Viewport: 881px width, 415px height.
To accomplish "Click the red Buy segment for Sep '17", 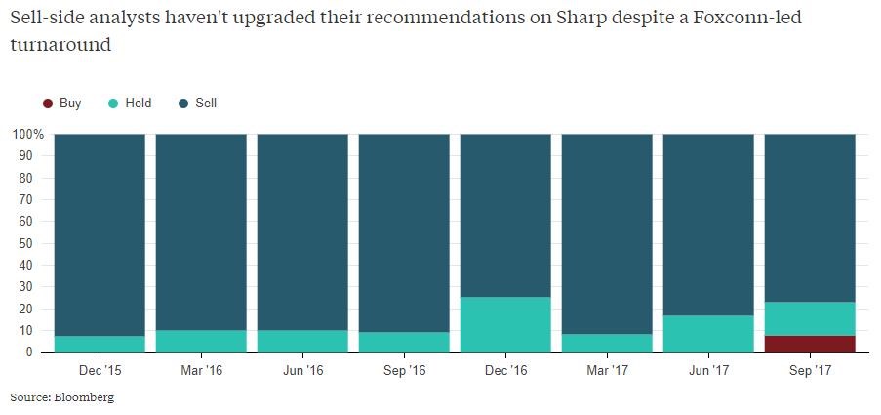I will pos(809,344).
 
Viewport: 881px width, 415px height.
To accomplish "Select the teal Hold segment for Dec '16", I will pos(504,324).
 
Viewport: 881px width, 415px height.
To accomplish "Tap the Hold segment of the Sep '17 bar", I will pos(809,318).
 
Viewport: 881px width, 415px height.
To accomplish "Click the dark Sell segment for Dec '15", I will pos(100,234).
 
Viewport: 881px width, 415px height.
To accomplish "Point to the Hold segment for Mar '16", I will pos(201,341).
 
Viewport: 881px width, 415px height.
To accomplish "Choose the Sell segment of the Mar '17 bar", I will pos(606,234).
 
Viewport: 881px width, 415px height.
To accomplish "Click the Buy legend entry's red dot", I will pos(47,103).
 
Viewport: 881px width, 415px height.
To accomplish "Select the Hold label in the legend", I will pos(139,103).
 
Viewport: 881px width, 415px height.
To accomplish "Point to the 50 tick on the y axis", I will pos(31,243).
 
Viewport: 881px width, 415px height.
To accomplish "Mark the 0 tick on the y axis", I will pos(34,353).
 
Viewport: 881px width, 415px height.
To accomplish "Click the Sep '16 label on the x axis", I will pos(404,371).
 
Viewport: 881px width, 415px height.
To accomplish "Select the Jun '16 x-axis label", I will pos(302,371).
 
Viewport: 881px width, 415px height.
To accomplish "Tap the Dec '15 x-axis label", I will pos(100,371).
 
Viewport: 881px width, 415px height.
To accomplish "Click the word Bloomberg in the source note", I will pos(85,397).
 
